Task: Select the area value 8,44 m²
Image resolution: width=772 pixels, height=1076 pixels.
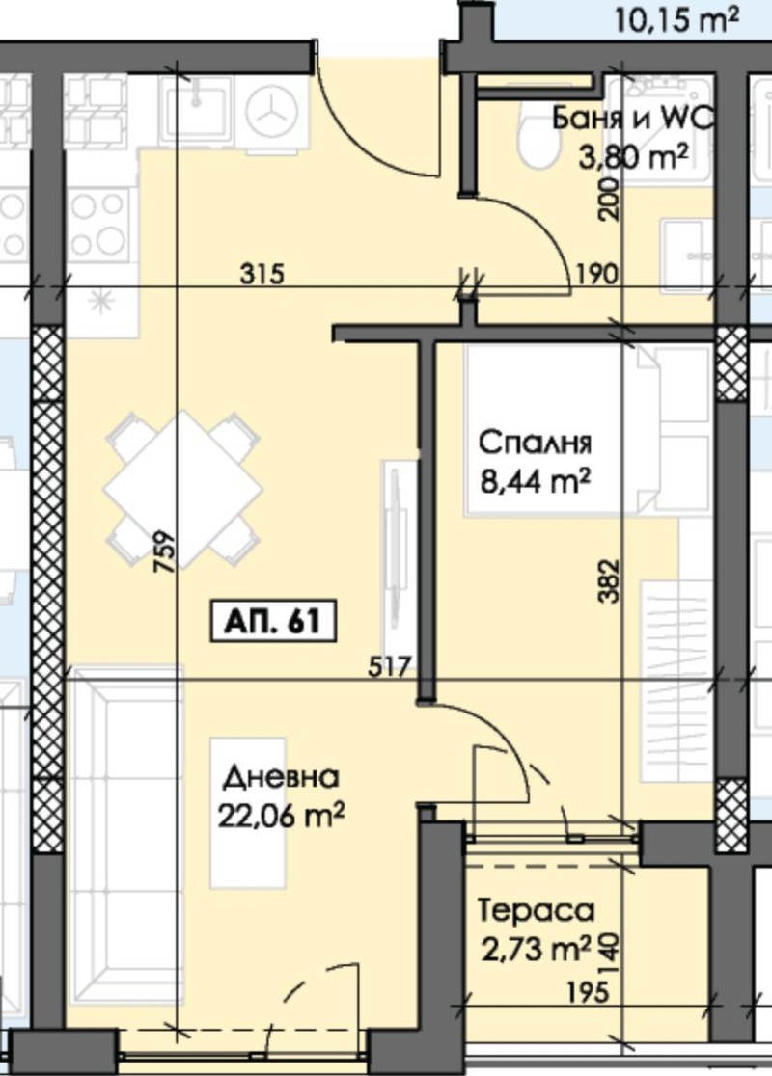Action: [x=535, y=478]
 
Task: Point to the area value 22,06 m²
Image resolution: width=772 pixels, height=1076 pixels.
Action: [x=282, y=815]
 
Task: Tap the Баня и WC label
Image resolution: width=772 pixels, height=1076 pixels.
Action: [x=632, y=119]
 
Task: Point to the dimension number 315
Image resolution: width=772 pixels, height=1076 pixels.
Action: [x=262, y=275]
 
